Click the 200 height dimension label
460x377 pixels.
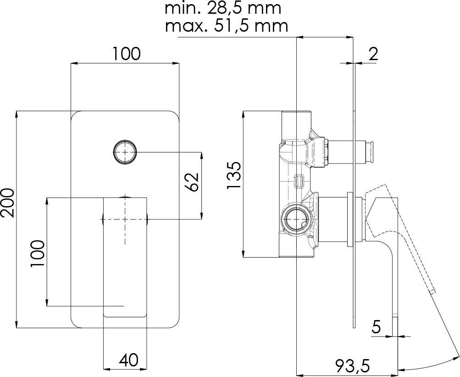coord(7,203)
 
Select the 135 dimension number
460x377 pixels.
coord(234,175)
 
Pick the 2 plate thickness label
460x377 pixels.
coord(373,54)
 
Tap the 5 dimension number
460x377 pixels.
coord(376,326)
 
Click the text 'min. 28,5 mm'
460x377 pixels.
coord(223,8)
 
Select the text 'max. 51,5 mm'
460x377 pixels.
coord(226,26)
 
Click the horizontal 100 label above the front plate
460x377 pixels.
coord(127,54)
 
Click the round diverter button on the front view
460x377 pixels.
coord(125,152)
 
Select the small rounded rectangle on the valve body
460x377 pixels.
coord(299,181)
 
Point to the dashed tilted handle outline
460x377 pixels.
coord(400,238)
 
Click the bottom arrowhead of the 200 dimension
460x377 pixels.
coord(17,324)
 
